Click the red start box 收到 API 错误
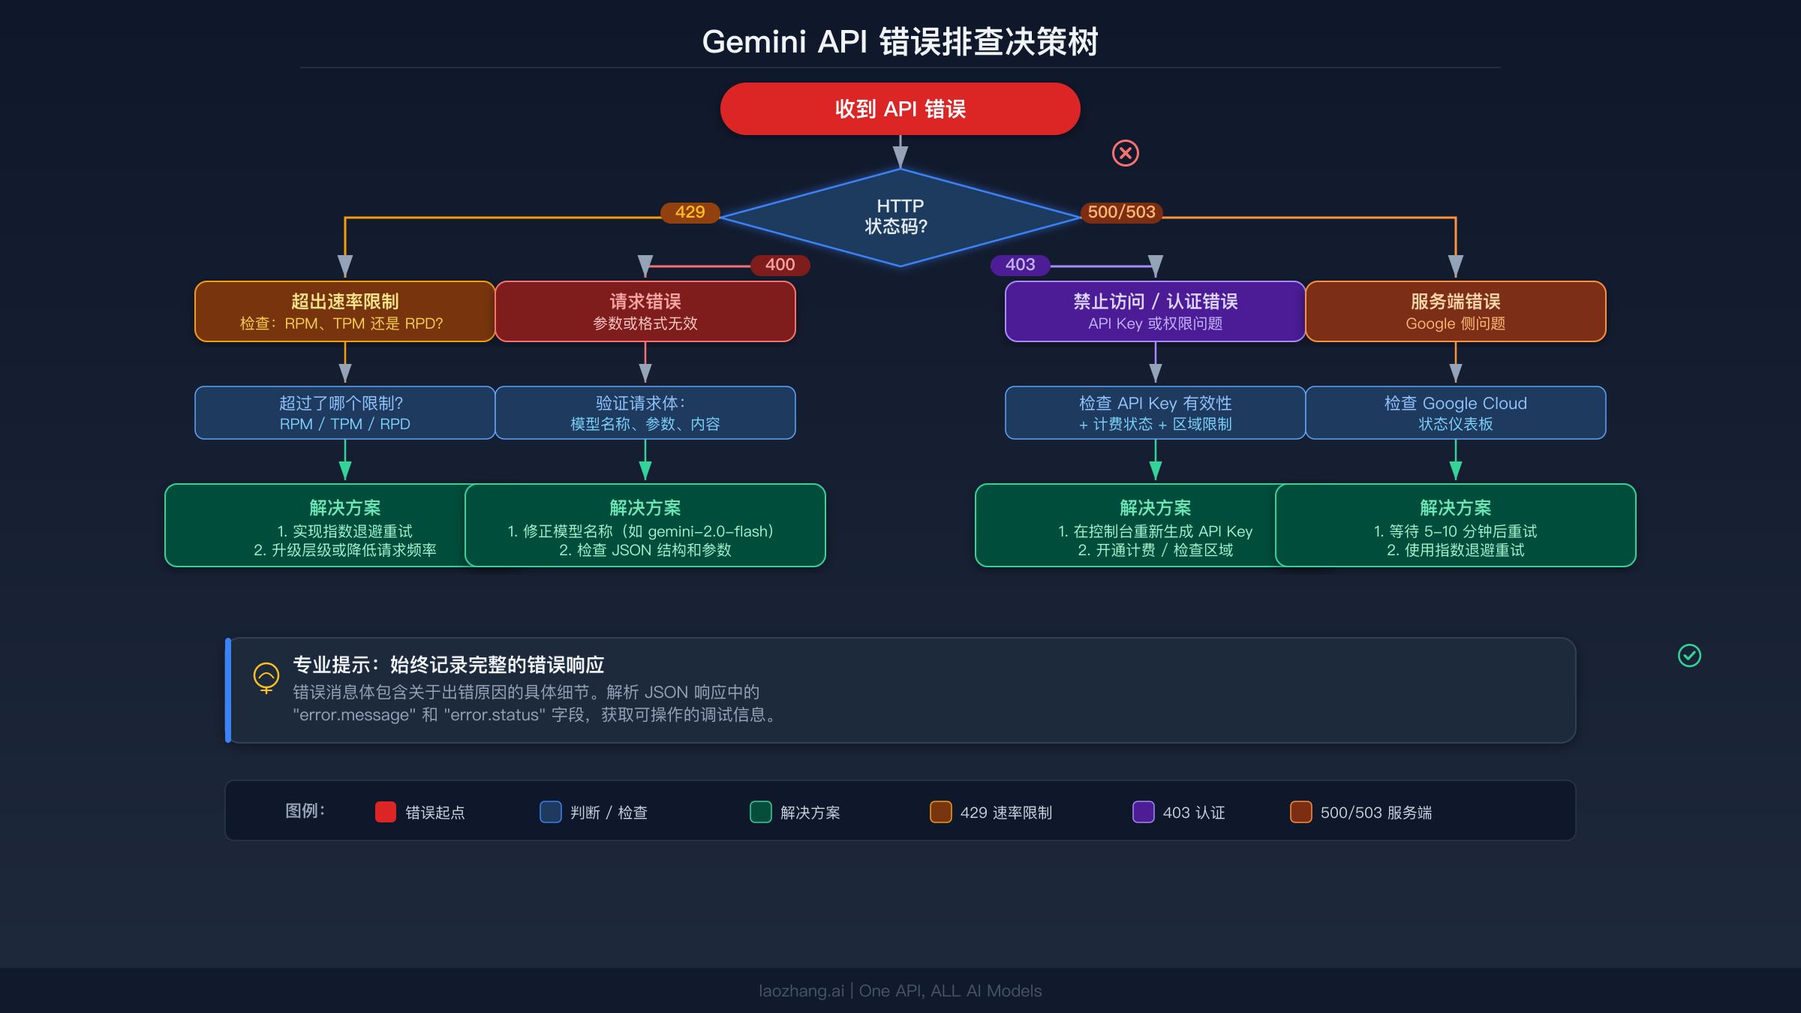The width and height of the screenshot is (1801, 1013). pos(900,109)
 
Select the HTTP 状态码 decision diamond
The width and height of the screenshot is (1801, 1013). pos(900,217)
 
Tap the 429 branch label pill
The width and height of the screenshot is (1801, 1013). pos(690,212)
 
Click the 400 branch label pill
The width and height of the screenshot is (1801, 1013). pos(780,265)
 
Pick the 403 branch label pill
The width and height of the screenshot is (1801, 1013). pos(1020,265)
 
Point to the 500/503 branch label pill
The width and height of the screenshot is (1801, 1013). pos(1121,212)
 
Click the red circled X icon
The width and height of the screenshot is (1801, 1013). pos(1125,153)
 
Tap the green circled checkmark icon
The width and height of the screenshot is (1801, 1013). pos(1689,656)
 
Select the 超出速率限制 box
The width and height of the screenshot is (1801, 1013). pos(344,311)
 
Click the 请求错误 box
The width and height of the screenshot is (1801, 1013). pos(645,311)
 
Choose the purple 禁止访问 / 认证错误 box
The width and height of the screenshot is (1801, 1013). pos(1155,311)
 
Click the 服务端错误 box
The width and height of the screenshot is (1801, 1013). pos(1455,311)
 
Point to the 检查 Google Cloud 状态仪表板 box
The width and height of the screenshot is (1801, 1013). pos(1455,413)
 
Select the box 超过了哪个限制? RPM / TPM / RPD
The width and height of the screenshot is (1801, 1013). pos(344,413)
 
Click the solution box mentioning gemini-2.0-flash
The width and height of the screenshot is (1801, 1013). pos(645,525)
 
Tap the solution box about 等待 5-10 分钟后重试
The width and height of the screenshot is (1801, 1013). pos(1455,525)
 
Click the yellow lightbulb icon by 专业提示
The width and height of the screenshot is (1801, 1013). pos(266,677)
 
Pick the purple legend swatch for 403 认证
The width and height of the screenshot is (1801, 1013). pos(1143,812)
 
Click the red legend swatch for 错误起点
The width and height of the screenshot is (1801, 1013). pos(386,812)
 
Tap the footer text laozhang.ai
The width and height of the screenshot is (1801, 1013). pos(801,990)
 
